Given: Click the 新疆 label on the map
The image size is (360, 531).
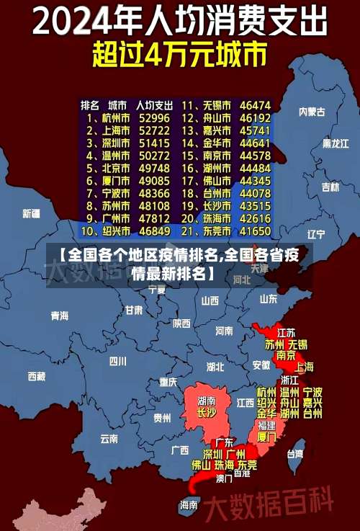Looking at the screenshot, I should pyautogui.click(x=31, y=213).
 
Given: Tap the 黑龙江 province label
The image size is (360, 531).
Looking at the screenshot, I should pyautogui.click(x=336, y=143).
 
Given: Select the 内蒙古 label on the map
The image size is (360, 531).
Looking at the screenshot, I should pyautogui.click(x=312, y=112).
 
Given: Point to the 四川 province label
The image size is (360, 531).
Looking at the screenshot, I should pyautogui.click(x=117, y=361).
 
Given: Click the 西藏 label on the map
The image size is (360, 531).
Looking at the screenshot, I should pyautogui.click(x=36, y=376).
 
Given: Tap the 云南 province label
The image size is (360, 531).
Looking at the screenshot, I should pyautogui.click(x=109, y=437).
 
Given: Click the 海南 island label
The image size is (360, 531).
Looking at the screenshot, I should pyautogui.click(x=189, y=505).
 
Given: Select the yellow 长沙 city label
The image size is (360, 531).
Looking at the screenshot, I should pyautogui.click(x=206, y=413).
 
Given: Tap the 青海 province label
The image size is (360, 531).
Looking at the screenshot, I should pyautogui.click(x=60, y=316).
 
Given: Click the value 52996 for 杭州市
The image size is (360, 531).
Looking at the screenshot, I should pyautogui.click(x=154, y=117).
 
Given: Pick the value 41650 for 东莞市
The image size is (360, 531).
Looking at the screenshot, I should pyautogui.click(x=255, y=231).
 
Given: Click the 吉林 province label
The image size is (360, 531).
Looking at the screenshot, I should pyautogui.click(x=330, y=187).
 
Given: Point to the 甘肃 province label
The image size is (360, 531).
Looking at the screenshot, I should pyautogui.click(x=134, y=311).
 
